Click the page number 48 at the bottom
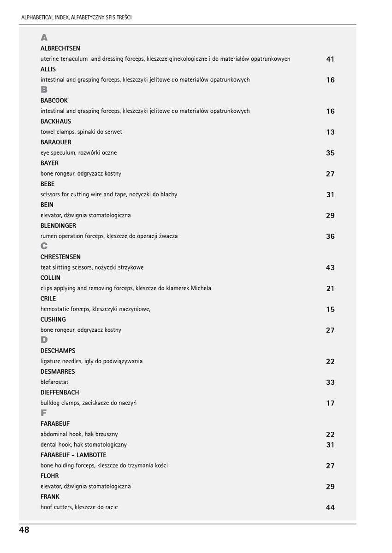(x=24, y=530)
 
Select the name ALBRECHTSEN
(x=60, y=48)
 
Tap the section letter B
(x=44, y=89)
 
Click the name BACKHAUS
(x=56, y=122)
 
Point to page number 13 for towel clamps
(x=330, y=132)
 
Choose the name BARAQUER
(x=56, y=142)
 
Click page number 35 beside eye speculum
(x=330, y=153)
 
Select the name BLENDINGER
(x=58, y=226)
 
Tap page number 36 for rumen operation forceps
(x=330, y=236)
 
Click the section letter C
(x=44, y=246)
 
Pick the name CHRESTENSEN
(x=60, y=257)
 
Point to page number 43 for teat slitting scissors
(x=330, y=268)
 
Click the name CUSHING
(x=53, y=319)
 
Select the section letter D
(x=44, y=340)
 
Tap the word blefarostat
(x=54, y=382)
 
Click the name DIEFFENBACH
(x=59, y=393)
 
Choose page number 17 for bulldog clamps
(x=330, y=403)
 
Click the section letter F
(x=44, y=413)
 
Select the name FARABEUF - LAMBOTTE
(x=73, y=455)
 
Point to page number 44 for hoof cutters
(x=330, y=507)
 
